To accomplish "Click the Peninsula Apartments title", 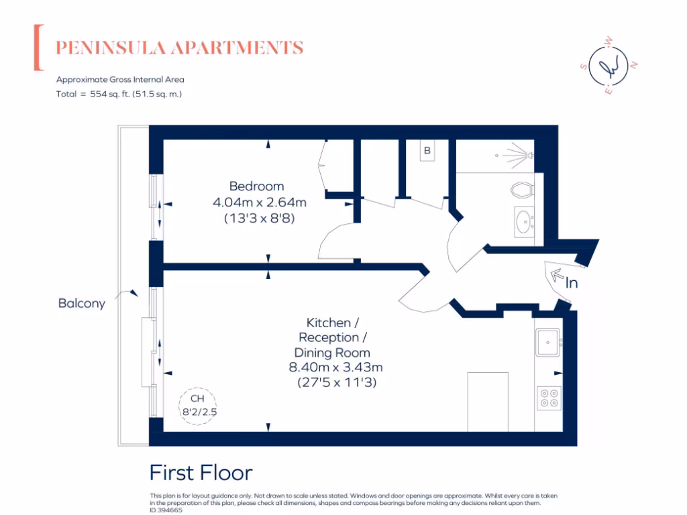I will [179, 48].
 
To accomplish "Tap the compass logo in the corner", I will [609, 66].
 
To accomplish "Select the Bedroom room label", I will [256, 186].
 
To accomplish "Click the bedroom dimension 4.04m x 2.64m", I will [259, 202].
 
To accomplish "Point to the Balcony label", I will [82, 303].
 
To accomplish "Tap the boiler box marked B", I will [427, 151].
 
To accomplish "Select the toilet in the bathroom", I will [522, 188].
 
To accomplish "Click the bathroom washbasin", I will [523, 221].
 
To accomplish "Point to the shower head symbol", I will [518, 156].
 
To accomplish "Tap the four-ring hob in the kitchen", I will [549, 398].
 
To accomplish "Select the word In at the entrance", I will [571, 284].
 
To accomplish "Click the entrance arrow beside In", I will [556, 274].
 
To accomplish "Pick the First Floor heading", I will [201, 473].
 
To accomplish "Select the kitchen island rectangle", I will [488, 401].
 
